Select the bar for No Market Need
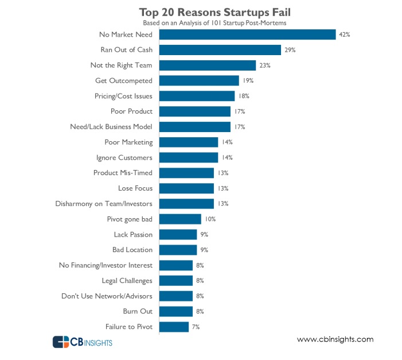pyautogui.click(x=247, y=34)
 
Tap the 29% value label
pyautogui.click(x=290, y=50)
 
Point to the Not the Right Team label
pyautogui.click(x=122, y=65)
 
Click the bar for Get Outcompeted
pyautogui.click(x=198, y=80)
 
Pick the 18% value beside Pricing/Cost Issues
pyautogui.click(x=244, y=96)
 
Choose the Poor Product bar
pyautogui.click(x=194, y=111)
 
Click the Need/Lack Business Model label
pyautogui.click(x=108, y=127)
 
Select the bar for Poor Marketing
pyautogui.click(x=188, y=142)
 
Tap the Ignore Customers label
pyautogui.click(x=124, y=157)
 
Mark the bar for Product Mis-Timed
pyautogui.click(x=186, y=173)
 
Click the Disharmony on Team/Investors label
pyautogui.click(x=104, y=203)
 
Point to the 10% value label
pyautogui.click(x=210, y=219)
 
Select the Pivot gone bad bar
pyautogui.click(x=180, y=219)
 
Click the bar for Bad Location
pyautogui.click(x=178, y=250)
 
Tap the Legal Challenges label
pyautogui.click(x=127, y=281)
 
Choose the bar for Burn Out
pyautogui.click(x=175, y=311)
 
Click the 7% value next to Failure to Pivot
pyautogui.click(x=196, y=327)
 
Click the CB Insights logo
pyautogui.click(x=83, y=342)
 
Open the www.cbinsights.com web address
pyautogui.click(x=335, y=339)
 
